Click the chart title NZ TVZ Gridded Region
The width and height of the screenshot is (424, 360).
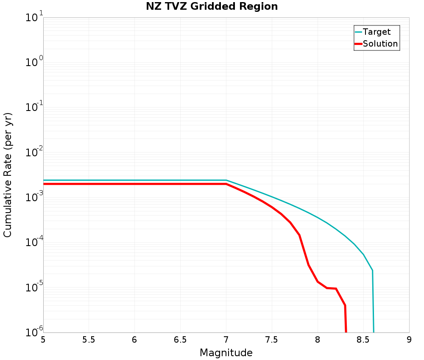(x=212, y=7)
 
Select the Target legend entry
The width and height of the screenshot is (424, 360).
(x=377, y=32)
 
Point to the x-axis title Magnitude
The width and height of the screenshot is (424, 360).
(x=226, y=352)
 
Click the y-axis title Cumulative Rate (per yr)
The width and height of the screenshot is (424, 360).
(x=8, y=175)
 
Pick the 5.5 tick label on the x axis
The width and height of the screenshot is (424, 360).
(x=89, y=340)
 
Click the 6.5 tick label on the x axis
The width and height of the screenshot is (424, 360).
(x=180, y=340)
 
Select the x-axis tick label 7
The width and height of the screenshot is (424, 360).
(x=226, y=340)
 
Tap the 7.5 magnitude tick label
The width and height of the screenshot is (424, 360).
(x=271, y=340)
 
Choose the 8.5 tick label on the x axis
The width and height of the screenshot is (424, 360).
(x=363, y=340)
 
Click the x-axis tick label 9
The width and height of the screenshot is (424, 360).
(x=409, y=340)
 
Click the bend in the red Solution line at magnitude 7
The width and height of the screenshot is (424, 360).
(x=226, y=184)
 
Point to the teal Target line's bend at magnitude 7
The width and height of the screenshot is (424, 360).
(x=226, y=180)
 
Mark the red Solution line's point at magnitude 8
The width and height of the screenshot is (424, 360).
(x=318, y=282)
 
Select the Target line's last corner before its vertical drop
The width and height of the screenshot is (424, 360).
(x=372, y=270)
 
